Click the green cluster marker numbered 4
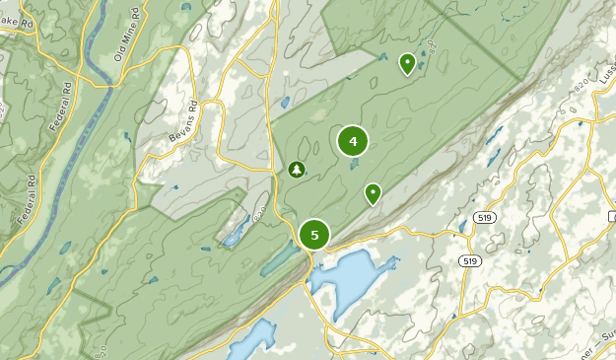tap(352, 142)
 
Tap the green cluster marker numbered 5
tap(314, 235)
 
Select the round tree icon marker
tap(296, 170)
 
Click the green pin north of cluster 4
tap(406, 64)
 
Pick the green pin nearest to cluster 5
tap(373, 193)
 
